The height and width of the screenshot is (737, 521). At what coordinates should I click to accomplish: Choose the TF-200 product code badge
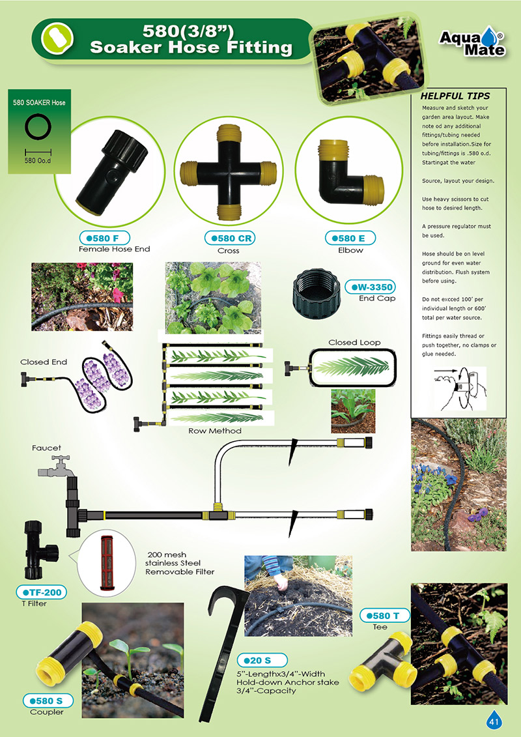click(42, 592)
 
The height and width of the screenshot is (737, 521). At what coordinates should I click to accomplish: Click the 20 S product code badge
click(262, 660)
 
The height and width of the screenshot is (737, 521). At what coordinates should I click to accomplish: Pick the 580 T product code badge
click(385, 615)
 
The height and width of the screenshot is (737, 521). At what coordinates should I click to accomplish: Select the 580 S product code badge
click(48, 701)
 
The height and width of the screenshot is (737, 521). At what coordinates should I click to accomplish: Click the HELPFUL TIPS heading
click(455, 96)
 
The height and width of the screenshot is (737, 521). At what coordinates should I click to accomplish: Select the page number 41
click(494, 721)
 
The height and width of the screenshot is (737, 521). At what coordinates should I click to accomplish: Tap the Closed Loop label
click(354, 342)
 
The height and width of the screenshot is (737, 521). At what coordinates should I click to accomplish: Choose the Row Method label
click(215, 431)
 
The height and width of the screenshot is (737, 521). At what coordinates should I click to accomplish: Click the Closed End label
click(44, 362)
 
